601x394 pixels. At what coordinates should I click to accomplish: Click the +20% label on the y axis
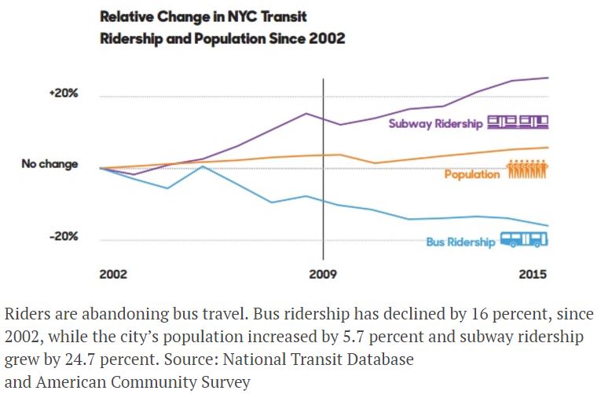tap(63, 93)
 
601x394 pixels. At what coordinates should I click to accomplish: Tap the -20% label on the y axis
tap(63, 236)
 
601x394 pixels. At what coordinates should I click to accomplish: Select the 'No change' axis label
tap(49, 165)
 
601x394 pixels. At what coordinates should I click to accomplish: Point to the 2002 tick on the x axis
tap(112, 275)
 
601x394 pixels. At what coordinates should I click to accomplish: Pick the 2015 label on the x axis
tap(533, 275)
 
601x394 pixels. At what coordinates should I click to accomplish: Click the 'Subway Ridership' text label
tap(435, 124)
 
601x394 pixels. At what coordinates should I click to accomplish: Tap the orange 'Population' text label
tap(471, 174)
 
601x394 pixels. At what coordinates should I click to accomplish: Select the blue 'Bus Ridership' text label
tap(460, 242)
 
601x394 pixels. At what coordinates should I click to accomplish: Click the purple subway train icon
tap(517, 122)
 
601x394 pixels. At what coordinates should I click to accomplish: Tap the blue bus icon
tap(524, 239)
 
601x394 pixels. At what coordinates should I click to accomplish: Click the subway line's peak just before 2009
tap(306, 113)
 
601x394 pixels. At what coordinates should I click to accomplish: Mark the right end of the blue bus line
tap(548, 225)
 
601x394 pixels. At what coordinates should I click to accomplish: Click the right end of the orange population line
tap(548, 147)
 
